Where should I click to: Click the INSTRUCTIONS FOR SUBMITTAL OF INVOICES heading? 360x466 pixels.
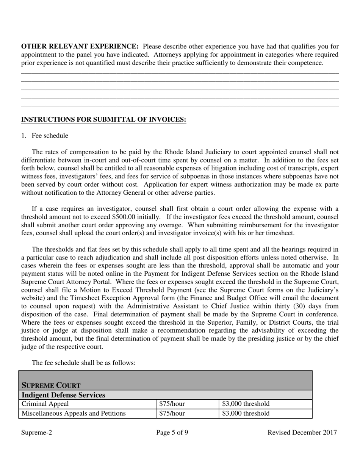[103, 120]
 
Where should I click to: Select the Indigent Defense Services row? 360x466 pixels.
[63, 395]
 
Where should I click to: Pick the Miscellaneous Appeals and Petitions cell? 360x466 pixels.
[74, 413]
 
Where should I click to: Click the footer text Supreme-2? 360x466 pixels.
[36, 433]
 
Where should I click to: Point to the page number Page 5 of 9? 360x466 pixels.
[172, 433]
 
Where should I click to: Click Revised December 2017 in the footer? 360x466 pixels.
[302, 433]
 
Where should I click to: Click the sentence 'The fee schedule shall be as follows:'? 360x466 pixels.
[83, 363]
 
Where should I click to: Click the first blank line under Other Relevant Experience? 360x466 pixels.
[180, 73]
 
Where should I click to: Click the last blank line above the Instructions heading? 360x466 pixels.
[180, 106]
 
